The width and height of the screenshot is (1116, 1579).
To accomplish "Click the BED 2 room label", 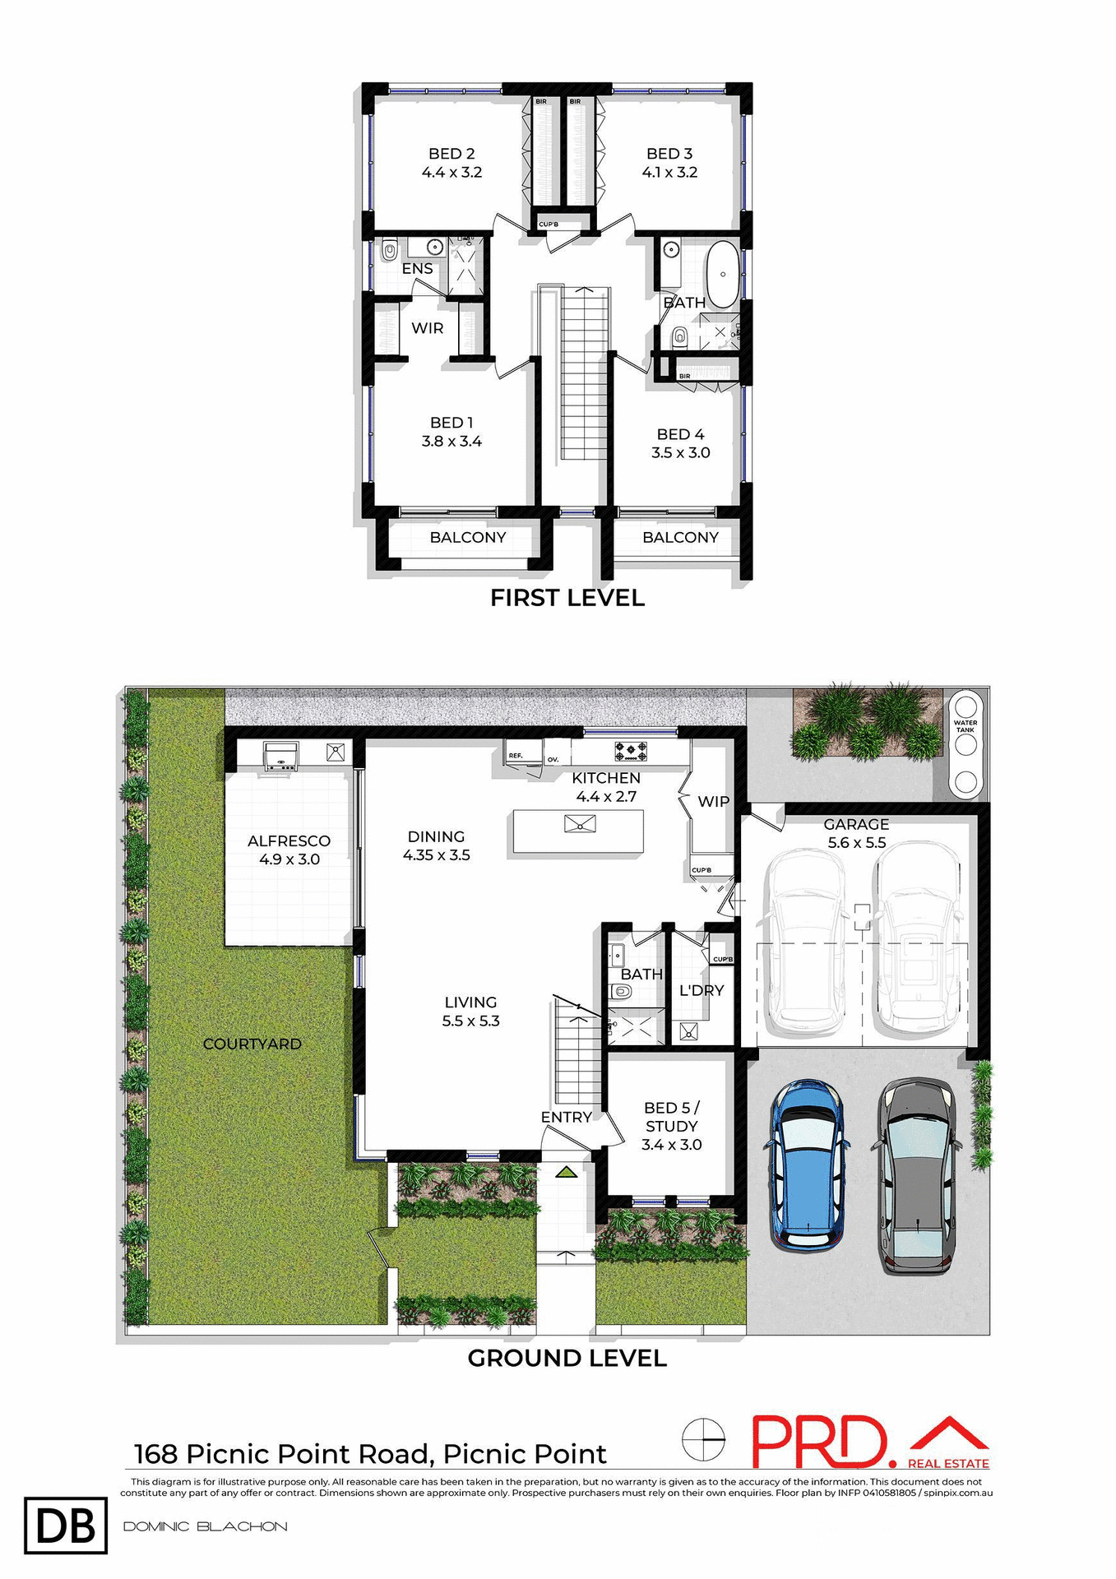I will [x=451, y=154].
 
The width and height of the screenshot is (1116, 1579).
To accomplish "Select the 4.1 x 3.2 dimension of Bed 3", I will [x=669, y=173].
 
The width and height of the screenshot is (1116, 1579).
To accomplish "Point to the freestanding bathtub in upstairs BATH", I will [x=722, y=264].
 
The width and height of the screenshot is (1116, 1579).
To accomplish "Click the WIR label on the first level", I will [x=427, y=328].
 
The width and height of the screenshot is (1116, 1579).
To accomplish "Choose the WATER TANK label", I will [x=966, y=726].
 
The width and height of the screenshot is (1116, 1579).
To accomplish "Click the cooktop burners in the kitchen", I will [x=631, y=751].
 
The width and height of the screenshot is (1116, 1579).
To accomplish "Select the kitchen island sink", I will [x=580, y=823].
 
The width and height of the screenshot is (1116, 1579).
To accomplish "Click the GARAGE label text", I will [x=856, y=824].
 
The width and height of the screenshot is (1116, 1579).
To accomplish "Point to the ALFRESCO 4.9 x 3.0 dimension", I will [x=289, y=859].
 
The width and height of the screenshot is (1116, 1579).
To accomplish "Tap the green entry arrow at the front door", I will [x=565, y=1171].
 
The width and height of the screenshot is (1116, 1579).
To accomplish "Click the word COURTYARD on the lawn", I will [x=252, y=1044].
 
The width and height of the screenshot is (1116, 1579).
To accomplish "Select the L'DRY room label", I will [x=701, y=990].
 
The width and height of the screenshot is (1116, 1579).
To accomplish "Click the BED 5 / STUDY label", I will [x=672, y=1117].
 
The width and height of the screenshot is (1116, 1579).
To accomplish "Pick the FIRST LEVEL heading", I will [x=567, y=598].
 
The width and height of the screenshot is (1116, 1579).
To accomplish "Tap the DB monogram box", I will [x=66, y=1526].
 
